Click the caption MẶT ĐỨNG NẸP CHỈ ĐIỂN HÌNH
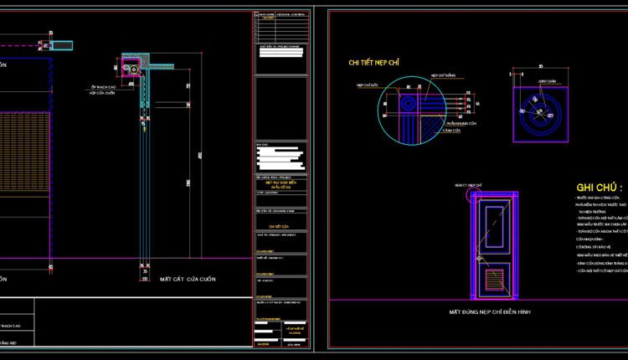click(490, 311)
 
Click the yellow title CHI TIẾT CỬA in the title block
click(279, 226)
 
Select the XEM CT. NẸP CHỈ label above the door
click(466, 183)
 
